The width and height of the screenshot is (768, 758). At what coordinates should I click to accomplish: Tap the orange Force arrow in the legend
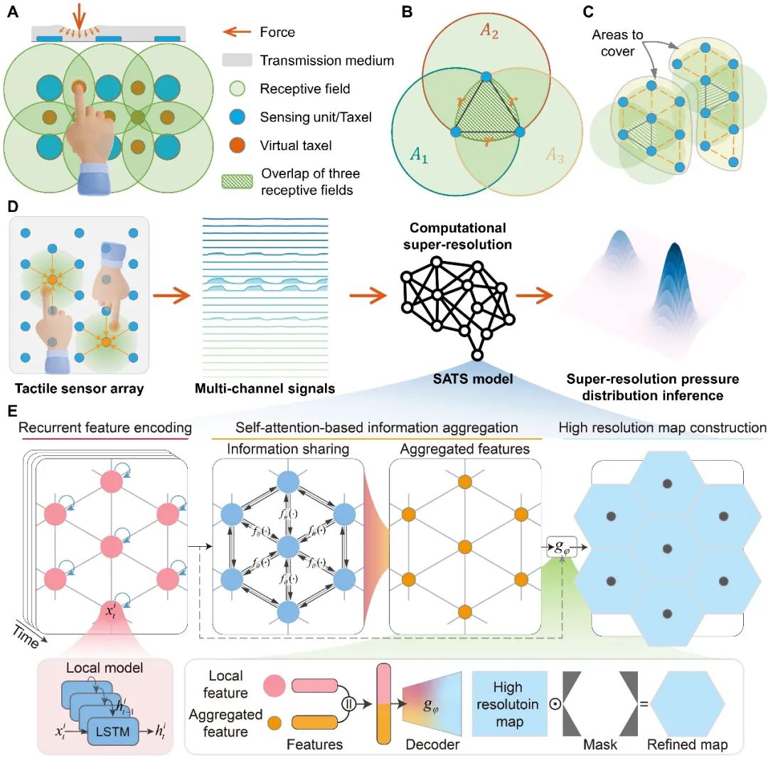pyautogui.click(x=237, y=32)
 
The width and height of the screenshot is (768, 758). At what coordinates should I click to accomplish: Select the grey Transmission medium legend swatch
pyautogui.click(x=237, y=60)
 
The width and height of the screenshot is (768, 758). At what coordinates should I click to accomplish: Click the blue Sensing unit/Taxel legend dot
pyautogui.click(x=237, y=117)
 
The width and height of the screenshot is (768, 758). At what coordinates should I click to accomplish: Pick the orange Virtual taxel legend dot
pyautogui.click(x=237, y=146)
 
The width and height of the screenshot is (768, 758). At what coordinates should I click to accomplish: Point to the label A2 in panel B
pyautogui.click(x=489, y=31)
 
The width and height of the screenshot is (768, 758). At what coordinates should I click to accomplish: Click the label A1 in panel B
pyautogui.click(x=419, y=155)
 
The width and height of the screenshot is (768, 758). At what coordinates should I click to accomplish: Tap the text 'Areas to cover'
pyautogui.click(x=617, y=43)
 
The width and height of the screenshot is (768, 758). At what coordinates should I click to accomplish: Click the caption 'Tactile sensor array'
pyautogui.click(x=80, y=389)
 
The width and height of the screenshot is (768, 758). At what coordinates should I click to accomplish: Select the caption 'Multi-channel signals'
pyautogui.click(x=265, y=389)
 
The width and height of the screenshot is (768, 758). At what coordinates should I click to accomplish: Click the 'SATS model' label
pyautogui.click(x=473, y=379)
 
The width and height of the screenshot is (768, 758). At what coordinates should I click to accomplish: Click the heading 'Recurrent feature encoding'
pyautogui.click(x=105, y=427)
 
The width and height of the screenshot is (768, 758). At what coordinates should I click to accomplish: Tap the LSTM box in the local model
pyautogui.click(x=113, y=732)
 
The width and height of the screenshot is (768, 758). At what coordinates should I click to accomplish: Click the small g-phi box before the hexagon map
pyautogui.click(x=562, y=547)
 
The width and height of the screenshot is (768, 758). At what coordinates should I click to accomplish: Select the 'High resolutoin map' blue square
pyautogui.click(x=509, y=704)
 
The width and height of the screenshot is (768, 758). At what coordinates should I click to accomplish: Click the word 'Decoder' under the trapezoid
pyautogui.click(x=432, y=744)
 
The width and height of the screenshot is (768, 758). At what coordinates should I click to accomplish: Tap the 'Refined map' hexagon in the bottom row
pyautogui.click(x=688, y=704)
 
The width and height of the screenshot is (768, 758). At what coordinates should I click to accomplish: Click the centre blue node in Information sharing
pyautogui.click(x=288, y=547)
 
